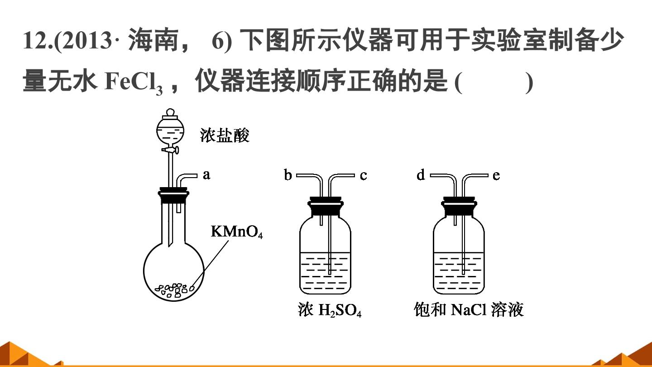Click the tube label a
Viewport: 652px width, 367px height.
(x=206, y=175)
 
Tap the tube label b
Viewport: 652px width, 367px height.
(x=288, y=175)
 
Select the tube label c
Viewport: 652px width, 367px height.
(x=363, y=176)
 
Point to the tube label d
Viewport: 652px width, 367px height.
(x=421, y=175)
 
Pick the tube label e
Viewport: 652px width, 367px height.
(x=496, y=176)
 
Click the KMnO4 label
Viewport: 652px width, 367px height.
(x=237, y=232)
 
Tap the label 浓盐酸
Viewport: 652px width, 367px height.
(x=225, y=135)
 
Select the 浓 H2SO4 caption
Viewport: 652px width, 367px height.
(x=330, y=309)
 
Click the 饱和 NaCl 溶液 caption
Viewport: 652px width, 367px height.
(x=469, y=309)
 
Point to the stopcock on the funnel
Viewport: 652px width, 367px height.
(x=170, y=150)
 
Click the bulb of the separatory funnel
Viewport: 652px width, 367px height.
(x=170, y=132)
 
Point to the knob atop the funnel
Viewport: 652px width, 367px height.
(x=170, y=112)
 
